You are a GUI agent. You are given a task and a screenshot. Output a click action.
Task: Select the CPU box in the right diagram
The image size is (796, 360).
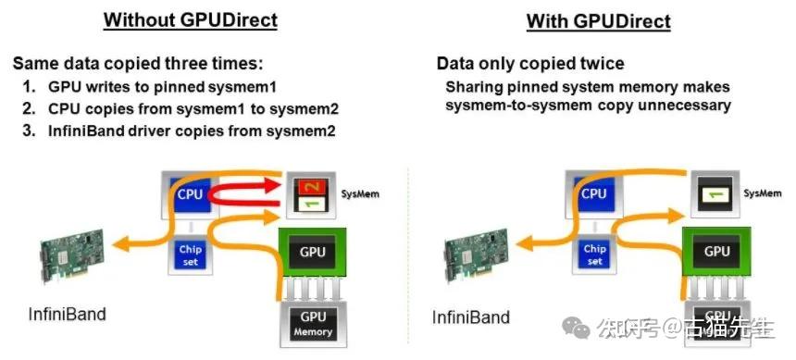coord(593,194)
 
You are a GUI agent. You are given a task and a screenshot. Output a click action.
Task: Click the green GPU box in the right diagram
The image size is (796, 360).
coord(716,251)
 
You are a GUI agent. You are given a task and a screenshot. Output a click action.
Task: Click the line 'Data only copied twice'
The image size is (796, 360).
coord(529,65)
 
